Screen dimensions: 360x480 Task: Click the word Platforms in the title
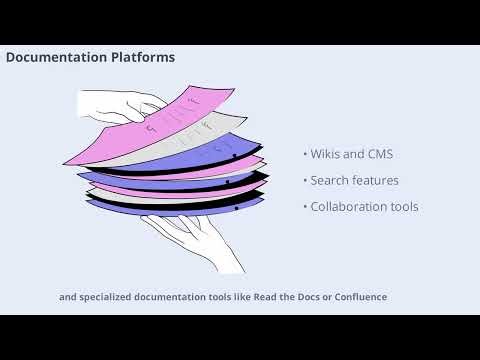coord(141,58)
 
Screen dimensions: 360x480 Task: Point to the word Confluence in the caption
coord(357,297)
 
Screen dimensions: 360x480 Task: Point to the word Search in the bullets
coord(328,180)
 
